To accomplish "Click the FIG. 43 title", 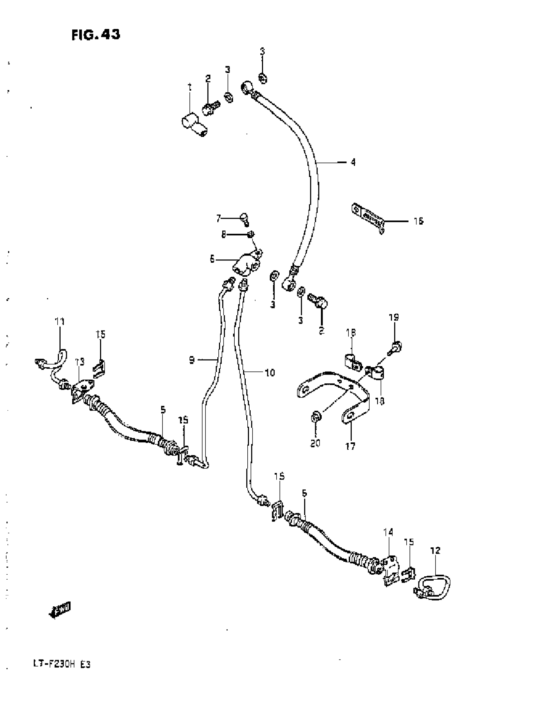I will pyautogui.click(x=95, y=35).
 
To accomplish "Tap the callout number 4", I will pyautogui.click(x=353, y=162).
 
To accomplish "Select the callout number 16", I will pyautogui.click(x=418, y=221).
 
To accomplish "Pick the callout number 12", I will pyautogui.click(x=435, y=551).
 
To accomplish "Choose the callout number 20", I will pyautogui.click(x=315, y=443).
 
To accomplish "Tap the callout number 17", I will pyautogui.click(x=350, y=446).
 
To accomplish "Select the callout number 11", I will pyautogui.click(x=60, y=322).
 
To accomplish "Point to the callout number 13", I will pyautogui.click(x=80, y=362).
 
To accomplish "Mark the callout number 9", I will pyautogui.click(x=192, y=360).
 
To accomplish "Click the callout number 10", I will pyautogui.click(x=270, y=372).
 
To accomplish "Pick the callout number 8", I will pyautogui.click(x=224, y=234).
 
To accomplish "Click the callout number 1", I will pyautogui.click(x=190, y=87).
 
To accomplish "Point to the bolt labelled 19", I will pyautogui.click(x=395, y=348).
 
